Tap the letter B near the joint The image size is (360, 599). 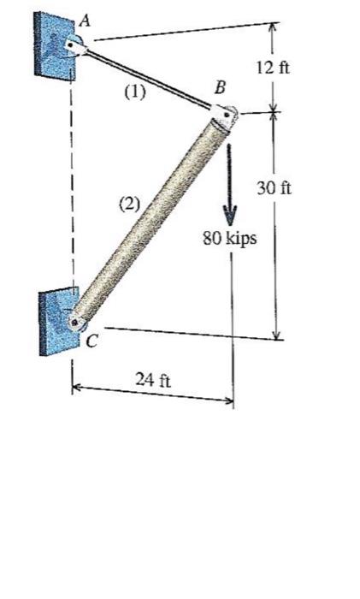(221, 86)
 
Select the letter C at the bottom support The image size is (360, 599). (91, 341)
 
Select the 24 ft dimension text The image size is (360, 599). (153, 379)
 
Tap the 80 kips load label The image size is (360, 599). (228, 239)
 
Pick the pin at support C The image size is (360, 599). (77, 323)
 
